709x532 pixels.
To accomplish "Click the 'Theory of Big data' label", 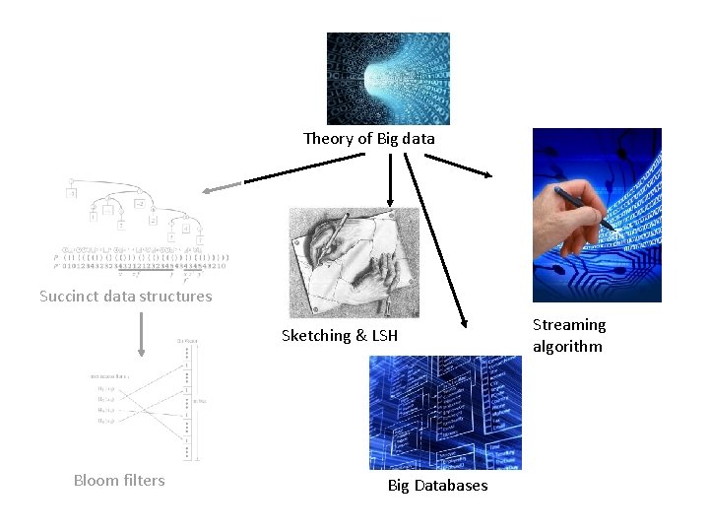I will coord(368,139).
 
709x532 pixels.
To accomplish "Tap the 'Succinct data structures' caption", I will coord(125,297).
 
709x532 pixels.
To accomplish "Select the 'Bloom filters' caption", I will coord(119,481).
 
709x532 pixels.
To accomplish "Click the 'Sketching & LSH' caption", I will coord(340,336).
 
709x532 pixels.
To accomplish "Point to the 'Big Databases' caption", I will coord(437,486).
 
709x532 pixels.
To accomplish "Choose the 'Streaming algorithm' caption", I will coord(568,335).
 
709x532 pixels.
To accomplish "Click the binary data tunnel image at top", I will coord(388,79).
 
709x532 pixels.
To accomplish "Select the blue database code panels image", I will coord(445,413).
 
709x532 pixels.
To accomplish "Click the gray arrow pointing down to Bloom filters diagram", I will coord(142,334).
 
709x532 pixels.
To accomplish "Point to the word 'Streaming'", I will coord(569,325).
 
